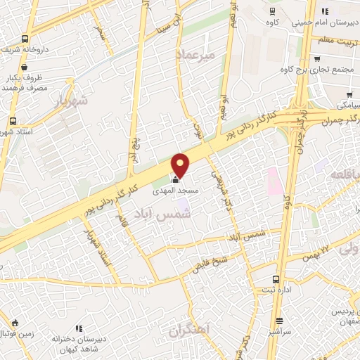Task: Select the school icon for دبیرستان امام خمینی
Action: [x=325, y=12]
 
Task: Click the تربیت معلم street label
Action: [x=335, y=41]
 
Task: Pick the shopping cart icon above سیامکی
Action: [x=349, y=93]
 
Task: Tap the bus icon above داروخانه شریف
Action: [x=25, y=39]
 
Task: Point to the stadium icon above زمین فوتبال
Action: [x=15, y=323]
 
